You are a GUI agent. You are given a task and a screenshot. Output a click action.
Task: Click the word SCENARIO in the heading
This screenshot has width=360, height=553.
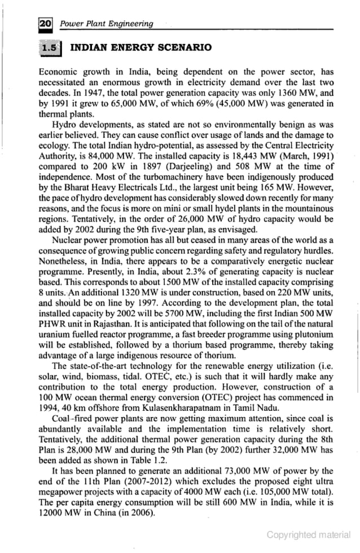[x=184, y=47]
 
